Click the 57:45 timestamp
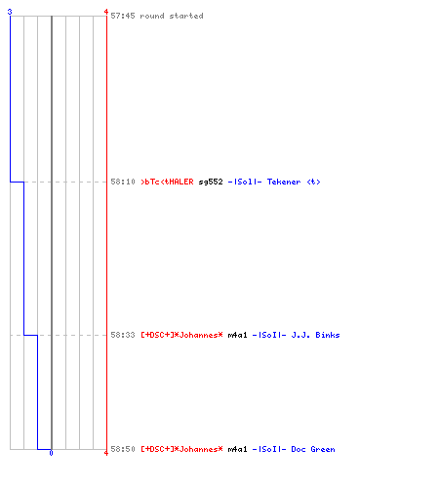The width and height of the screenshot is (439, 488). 123,16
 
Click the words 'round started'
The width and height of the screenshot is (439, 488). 172,16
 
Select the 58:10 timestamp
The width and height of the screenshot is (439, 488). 123,182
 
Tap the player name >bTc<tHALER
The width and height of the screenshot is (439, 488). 167,182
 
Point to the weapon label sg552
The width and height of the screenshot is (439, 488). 211,182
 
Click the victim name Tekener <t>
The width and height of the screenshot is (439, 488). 294,182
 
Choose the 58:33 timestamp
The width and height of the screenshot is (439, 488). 123,335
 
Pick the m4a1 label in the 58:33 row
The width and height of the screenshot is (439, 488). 237,335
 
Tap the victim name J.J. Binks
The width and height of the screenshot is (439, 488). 315,335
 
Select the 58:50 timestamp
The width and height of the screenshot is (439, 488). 123,449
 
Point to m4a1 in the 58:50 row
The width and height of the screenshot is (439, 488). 237,449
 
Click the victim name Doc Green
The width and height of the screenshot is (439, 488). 313,449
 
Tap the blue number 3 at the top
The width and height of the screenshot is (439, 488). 10,12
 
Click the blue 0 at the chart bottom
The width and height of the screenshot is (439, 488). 51,453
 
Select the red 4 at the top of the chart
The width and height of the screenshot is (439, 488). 106,12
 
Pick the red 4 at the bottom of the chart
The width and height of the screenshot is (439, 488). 106,453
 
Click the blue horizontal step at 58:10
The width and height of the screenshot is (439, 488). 17,182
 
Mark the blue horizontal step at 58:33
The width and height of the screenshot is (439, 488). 30,335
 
